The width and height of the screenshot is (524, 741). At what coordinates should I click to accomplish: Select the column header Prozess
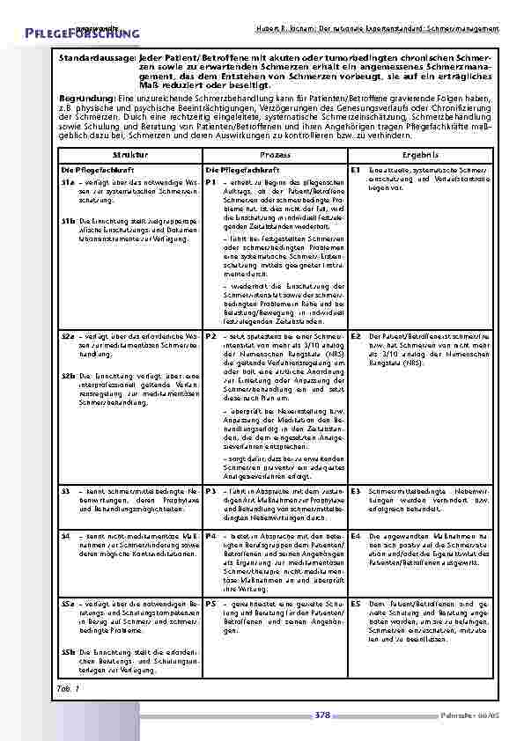275,154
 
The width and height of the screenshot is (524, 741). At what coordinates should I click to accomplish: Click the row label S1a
67,180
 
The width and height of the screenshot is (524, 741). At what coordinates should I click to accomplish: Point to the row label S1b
67,222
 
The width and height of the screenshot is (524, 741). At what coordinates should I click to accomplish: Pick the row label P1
210,180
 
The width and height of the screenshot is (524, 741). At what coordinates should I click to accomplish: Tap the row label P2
210,336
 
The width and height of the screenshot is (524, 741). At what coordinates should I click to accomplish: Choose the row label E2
355,336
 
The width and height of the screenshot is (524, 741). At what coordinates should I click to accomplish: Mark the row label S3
65,490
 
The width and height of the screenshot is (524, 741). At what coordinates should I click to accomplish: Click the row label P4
210,535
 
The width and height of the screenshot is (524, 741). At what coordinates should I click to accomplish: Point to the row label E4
355,535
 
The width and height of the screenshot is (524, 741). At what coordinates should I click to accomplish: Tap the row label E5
355,605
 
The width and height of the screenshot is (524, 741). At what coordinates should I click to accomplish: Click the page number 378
321,715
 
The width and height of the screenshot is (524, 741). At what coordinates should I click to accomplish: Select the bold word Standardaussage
98,56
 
